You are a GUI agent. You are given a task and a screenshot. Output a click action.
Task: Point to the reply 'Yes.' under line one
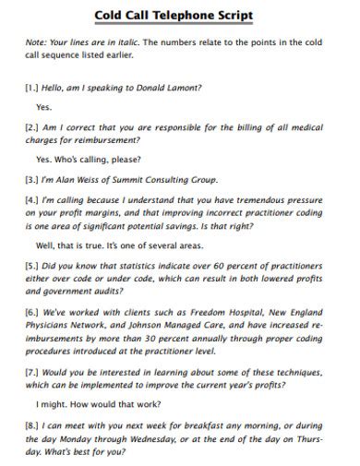[44, 106]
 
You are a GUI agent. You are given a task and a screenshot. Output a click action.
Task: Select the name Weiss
[97, 179]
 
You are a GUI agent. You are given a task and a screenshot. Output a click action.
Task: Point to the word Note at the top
[37, 42]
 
